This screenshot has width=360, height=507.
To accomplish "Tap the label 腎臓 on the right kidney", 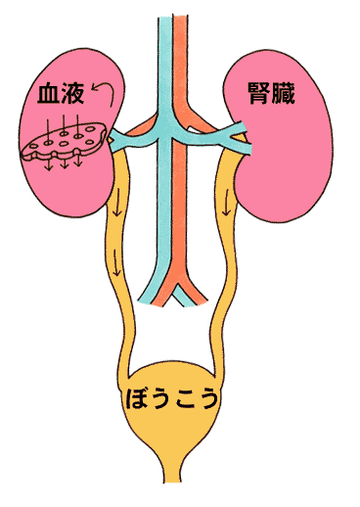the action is click(x=272, y=95).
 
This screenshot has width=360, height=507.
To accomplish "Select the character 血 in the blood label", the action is click(x=45, y=96).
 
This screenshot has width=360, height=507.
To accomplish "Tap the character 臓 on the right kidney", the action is click(x=286, y=95).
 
